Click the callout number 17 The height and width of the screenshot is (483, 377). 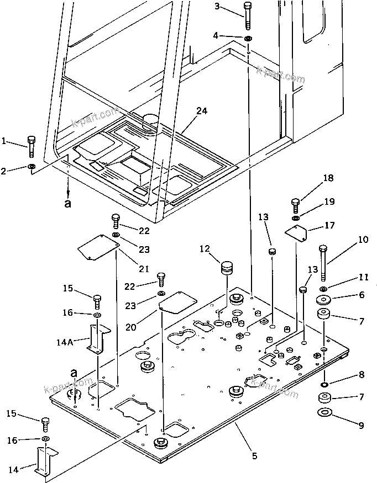click(329, 225)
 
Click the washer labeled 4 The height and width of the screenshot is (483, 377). click(248, 38)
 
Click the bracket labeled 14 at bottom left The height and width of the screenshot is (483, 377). click(45, 459)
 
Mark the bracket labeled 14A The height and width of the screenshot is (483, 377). click(98, 337)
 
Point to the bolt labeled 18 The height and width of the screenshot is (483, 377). click(295, 205)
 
